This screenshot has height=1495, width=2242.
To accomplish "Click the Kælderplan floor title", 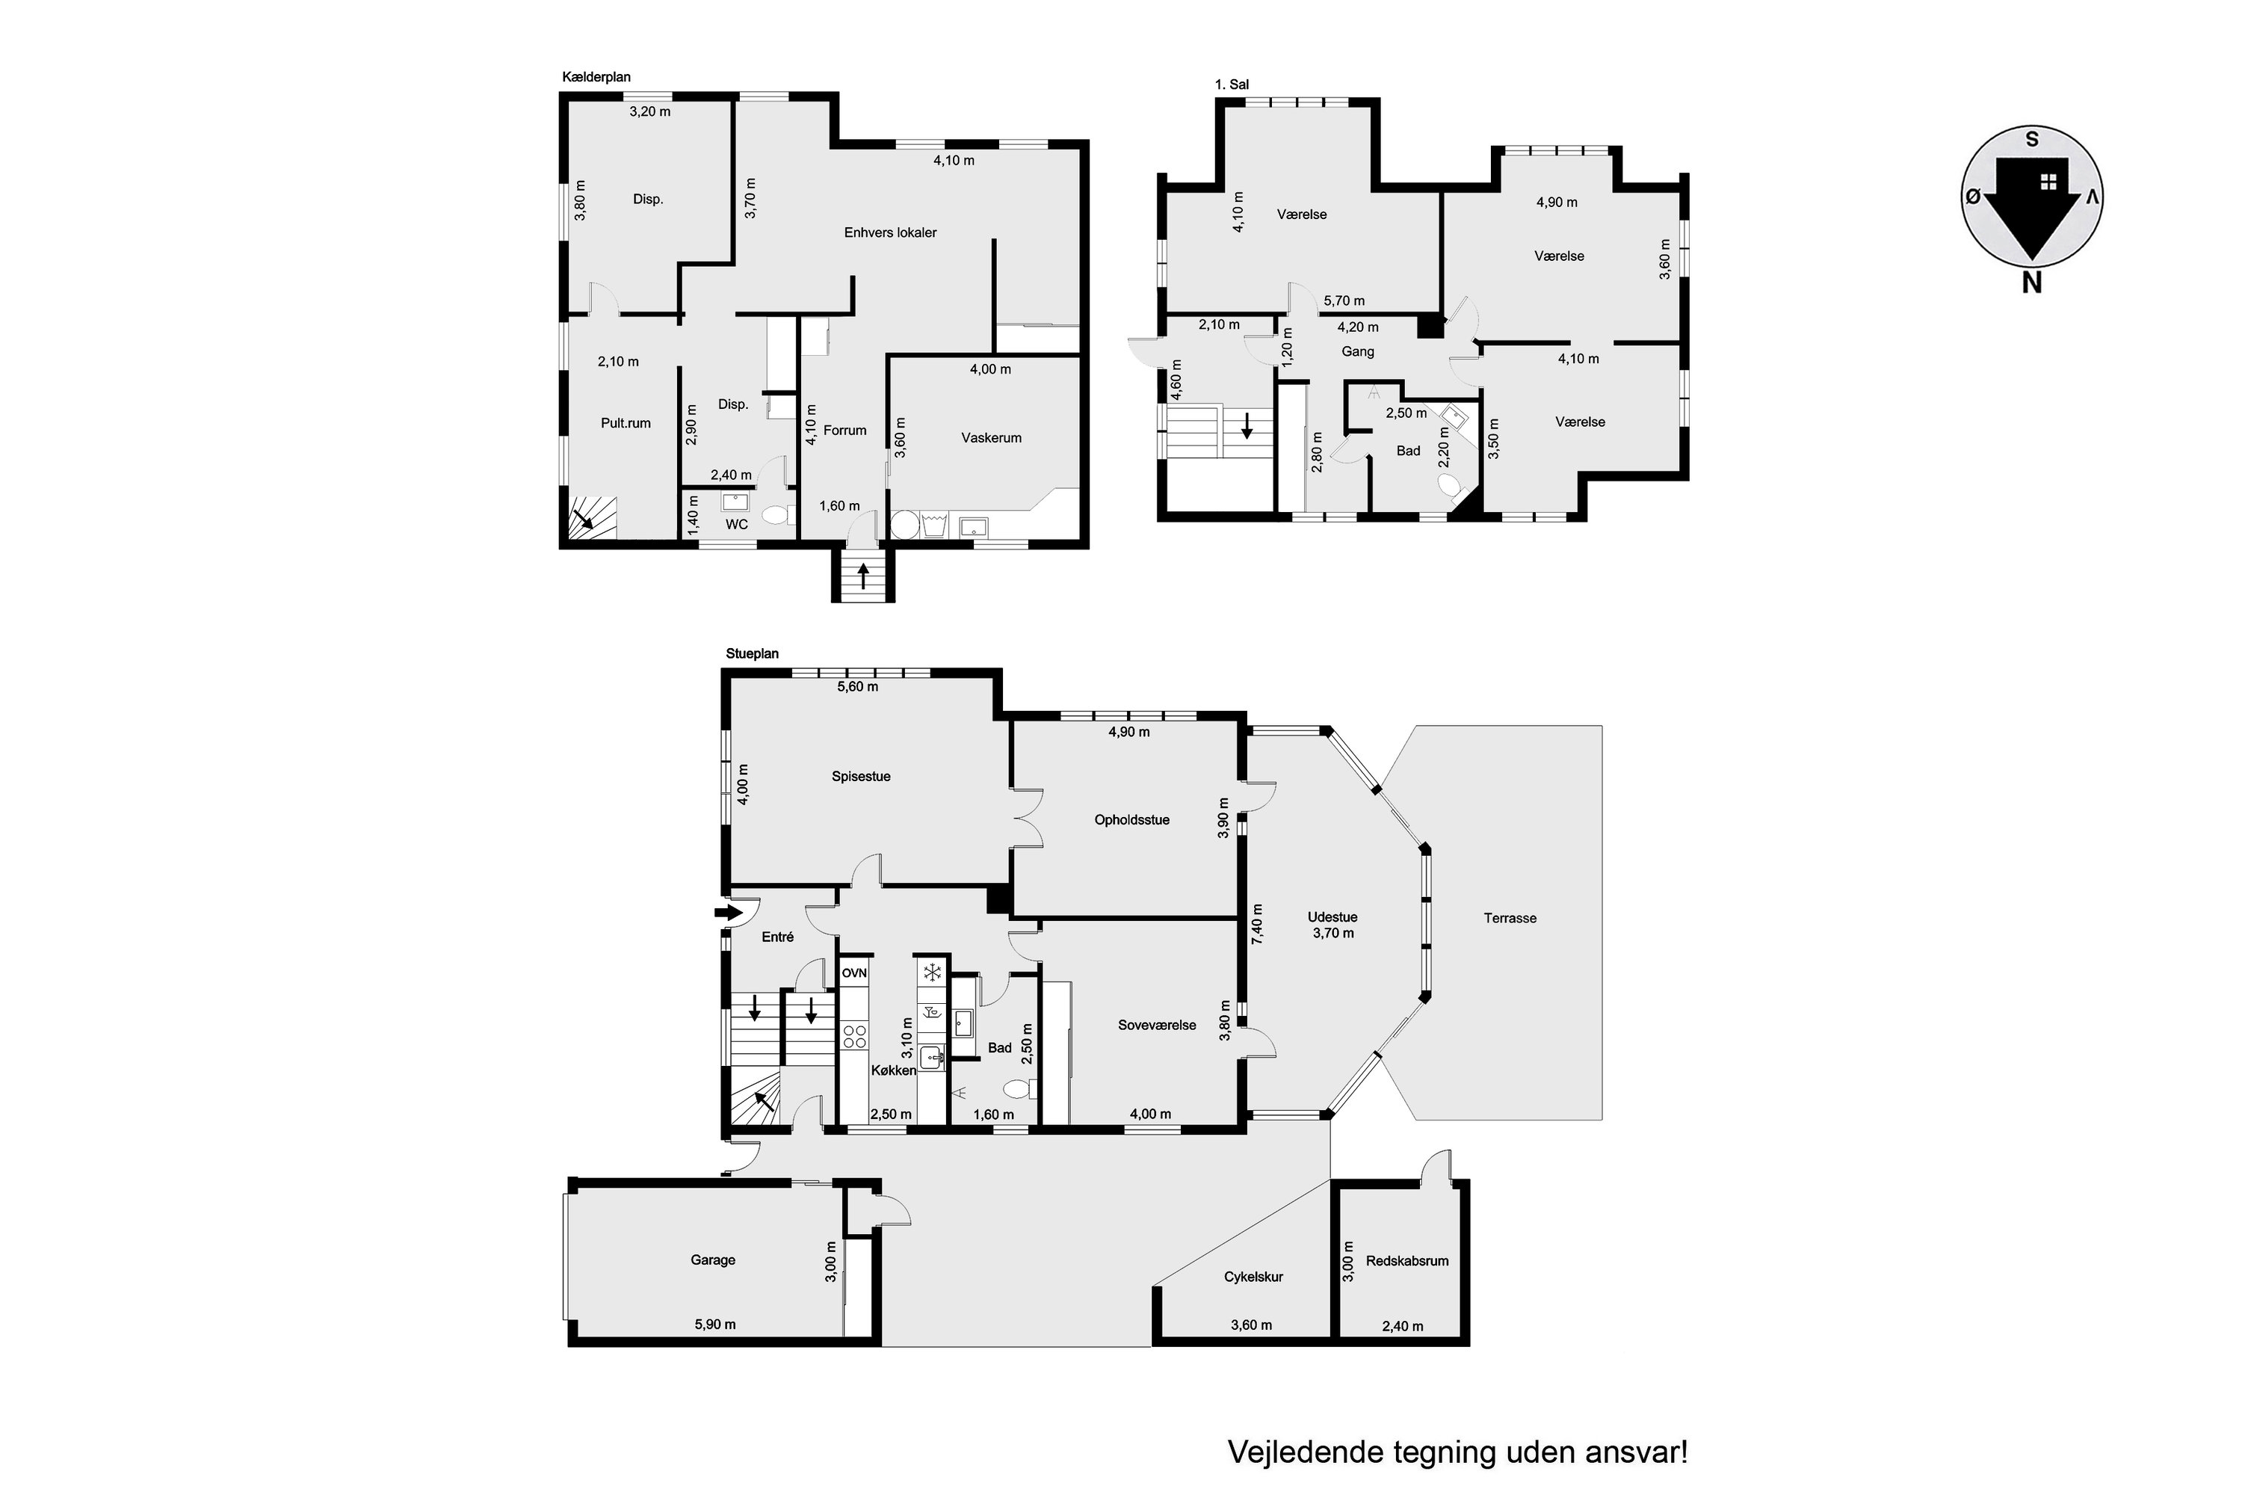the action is coord(596,77).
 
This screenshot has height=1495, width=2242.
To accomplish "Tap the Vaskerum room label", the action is coord(992,437).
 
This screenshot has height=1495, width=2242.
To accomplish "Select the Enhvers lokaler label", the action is coord(890,232).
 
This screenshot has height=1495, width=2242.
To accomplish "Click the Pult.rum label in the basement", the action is coord(626,423).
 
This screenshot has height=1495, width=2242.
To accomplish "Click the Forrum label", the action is coord(844,430).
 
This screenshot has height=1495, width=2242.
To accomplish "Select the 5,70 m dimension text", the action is coord(1344,301).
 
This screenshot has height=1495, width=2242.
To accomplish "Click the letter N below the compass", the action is coord(2031,283).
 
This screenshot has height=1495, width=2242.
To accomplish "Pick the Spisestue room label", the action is coord(861,776).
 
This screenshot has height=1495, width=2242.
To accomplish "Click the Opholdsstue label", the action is coord(1131,820).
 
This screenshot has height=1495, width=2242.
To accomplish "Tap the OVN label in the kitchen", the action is coord(854,972).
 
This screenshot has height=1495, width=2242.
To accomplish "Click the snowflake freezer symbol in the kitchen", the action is coord(932,972).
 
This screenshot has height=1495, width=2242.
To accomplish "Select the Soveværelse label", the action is coord(1156,1025).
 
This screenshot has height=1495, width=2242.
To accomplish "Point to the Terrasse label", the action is coord(1510,918).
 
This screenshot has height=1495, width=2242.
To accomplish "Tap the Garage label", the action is coord(713,1260).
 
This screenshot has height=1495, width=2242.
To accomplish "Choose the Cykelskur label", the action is coord(1253,1277).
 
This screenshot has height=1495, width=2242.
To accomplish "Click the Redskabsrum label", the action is coord(1407,1260).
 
